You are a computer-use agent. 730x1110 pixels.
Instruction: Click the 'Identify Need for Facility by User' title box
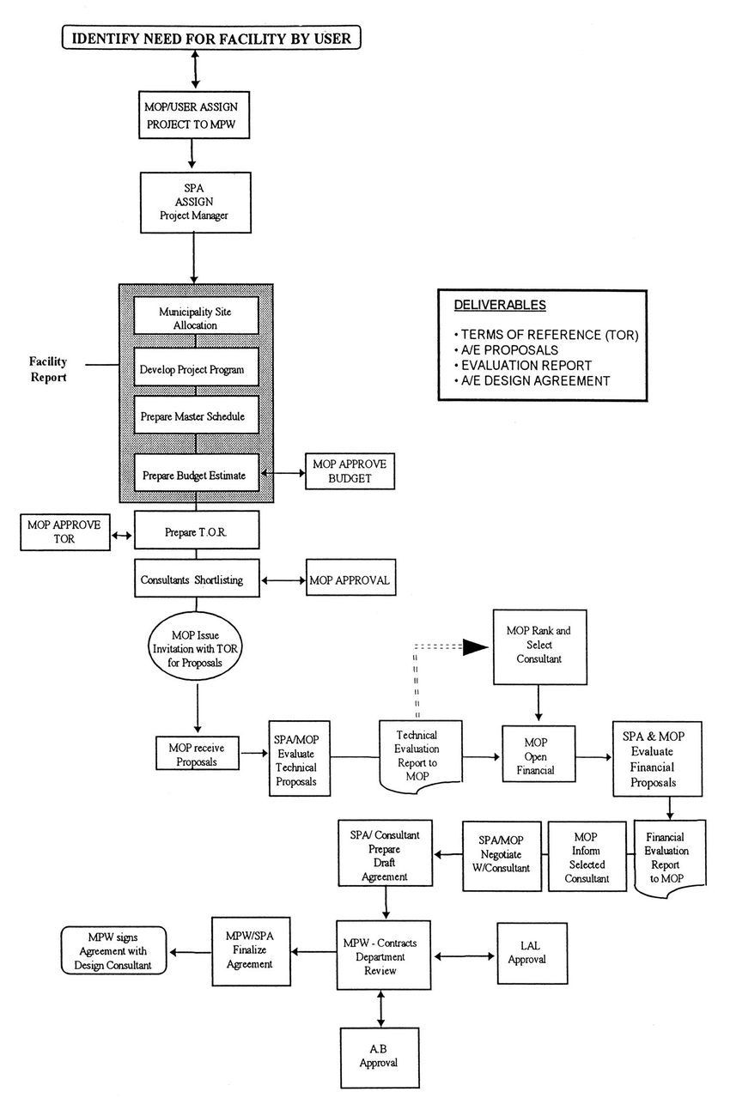211,38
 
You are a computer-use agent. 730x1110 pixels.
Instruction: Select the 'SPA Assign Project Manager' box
195,203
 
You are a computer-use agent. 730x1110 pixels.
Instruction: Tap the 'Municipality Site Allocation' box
196,316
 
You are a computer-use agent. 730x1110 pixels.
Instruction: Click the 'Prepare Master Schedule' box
196,415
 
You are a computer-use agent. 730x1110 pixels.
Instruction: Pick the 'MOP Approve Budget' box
350,471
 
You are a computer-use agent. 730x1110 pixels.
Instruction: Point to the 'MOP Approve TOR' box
65,532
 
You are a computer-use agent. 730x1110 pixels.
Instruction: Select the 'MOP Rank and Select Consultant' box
539,646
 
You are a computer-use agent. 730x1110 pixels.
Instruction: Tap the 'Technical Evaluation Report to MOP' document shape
421,756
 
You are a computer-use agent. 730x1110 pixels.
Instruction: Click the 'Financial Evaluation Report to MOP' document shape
670,858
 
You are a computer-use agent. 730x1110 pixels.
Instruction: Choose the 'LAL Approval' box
532,954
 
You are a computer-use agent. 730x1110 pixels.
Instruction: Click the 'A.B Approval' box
380,1058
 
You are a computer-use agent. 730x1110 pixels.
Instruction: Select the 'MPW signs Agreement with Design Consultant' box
113,951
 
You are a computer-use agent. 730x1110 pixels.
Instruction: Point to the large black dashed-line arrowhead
475,647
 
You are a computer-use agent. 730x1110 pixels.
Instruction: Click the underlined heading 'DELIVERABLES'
500,305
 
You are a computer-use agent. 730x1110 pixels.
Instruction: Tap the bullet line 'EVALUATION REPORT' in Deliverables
523,365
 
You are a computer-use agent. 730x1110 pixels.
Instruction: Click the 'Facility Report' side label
47,369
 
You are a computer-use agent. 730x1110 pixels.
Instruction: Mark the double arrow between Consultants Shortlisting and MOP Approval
283,580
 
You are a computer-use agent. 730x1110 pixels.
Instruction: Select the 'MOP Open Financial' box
538,754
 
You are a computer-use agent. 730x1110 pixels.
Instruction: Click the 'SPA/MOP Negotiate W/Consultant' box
502,856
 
